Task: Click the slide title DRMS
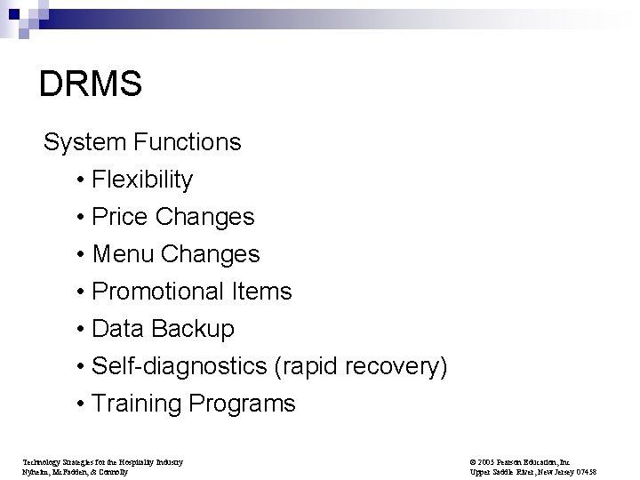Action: [91, 84]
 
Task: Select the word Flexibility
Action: [142, 180]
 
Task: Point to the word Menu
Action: [122, 254]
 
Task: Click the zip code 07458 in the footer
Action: [608, 472]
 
